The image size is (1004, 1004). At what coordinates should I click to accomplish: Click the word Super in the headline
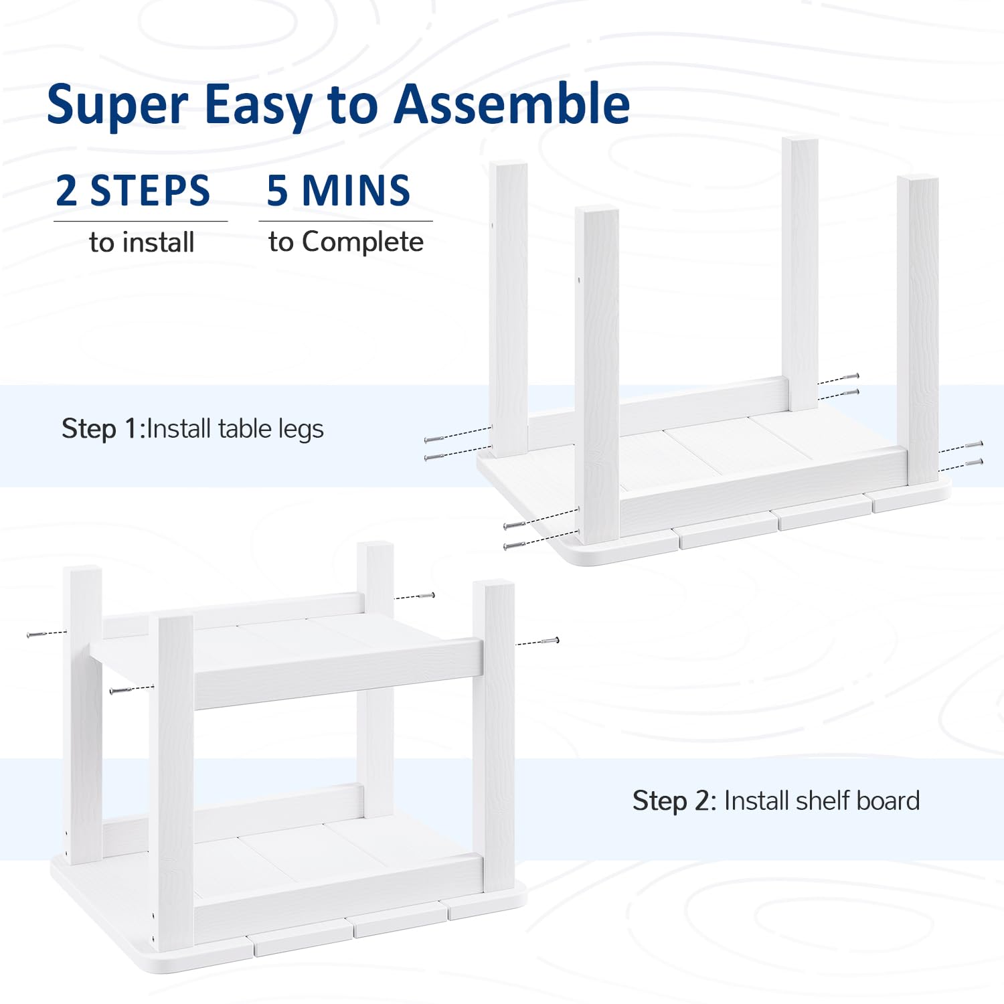[x=118, y=106]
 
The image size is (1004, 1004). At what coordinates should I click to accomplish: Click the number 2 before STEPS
[x=67, y=191]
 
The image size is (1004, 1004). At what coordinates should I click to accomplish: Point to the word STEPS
[x=150, y=191]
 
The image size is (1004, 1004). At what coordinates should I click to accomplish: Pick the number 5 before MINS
[x=278, y=191]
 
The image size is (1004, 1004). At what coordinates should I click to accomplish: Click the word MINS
[x=356, y=191]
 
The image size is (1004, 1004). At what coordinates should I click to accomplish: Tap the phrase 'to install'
[x=142, y=242]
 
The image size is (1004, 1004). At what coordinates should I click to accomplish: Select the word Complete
[x=363, y=243]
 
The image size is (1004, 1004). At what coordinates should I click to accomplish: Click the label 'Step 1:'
[x=104, y=428]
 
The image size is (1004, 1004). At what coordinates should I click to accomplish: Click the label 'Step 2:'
[x=675, y=801]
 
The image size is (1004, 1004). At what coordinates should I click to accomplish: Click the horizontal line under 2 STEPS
[x=141, y=221]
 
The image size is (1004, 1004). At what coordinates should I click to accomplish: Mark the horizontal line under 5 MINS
[x=345, y=221]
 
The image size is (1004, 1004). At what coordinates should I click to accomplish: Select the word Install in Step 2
[x=757, y=801]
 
